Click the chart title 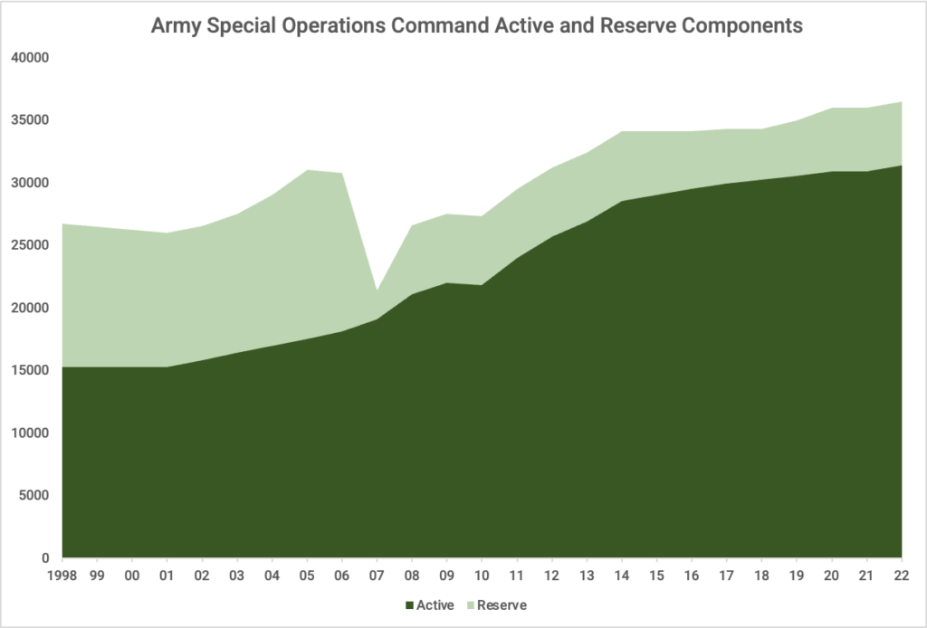[476, 26]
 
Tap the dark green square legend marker [409, 605]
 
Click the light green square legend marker [470, 605]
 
